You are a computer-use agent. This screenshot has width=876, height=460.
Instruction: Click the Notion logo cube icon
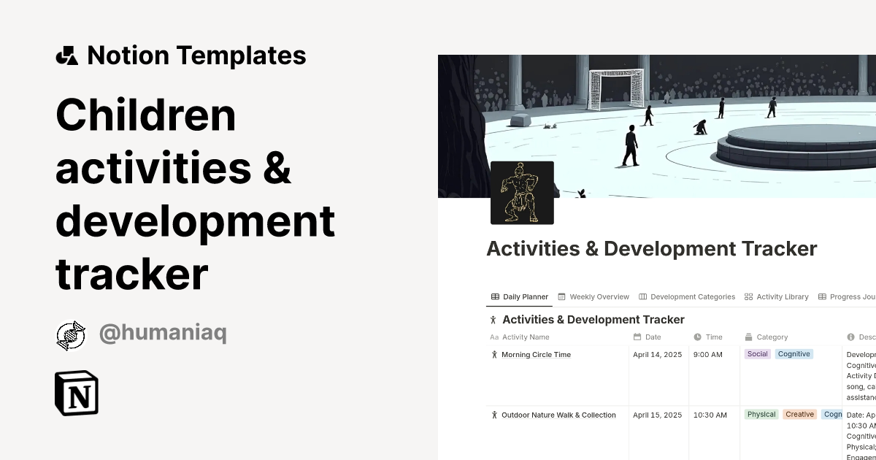click(77, 393)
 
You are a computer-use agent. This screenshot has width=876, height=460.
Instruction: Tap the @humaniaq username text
click(163, 334)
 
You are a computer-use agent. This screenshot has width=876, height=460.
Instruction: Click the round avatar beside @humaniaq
click(71, 335)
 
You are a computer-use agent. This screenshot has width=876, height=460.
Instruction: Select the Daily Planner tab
click(520, 297)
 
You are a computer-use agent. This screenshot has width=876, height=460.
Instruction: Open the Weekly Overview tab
click(593, 297)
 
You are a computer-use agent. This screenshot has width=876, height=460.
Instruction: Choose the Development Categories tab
click(687, 297)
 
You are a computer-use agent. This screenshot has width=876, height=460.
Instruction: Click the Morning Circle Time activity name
click(536, 355)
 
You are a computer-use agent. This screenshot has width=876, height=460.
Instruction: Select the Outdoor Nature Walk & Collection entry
click(558, 415)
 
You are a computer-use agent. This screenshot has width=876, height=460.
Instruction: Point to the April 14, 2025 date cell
click(657, 355)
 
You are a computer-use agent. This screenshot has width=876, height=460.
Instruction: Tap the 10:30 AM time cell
click(710, 415)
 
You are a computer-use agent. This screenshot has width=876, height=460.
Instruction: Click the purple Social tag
click(758, 354)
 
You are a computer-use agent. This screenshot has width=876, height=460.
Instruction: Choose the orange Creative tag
click(799, 415)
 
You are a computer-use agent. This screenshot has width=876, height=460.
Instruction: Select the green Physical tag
click(761, 415)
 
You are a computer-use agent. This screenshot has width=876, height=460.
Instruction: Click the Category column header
click(772, 337)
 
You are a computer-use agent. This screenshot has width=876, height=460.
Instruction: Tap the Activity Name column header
click(526, 337)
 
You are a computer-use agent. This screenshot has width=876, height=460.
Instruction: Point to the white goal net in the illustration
click(617, 89)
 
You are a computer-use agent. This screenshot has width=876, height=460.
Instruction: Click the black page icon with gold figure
click(522, 192)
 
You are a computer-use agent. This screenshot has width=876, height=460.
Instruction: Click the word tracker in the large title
click(132, 275)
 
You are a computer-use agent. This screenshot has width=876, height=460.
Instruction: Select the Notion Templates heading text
click(196, 55)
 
